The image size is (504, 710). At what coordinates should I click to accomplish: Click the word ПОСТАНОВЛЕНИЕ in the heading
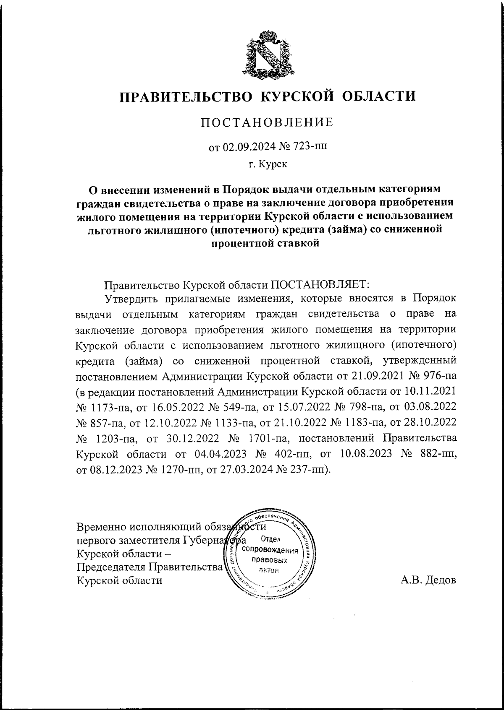(x=267, y=122)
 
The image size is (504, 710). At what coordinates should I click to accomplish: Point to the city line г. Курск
(x=267, y=165)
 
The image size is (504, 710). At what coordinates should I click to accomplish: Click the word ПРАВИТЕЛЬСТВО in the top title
(x=186, y=96)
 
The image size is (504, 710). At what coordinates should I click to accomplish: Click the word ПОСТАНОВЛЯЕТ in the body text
(x=319, y=284)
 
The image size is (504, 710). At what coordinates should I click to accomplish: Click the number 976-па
(x=440, y=376)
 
